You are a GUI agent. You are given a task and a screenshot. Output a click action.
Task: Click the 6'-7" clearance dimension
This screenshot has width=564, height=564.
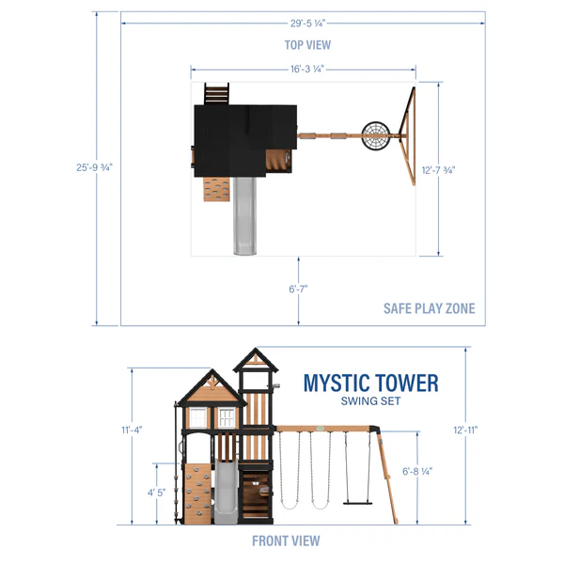pyautogui.click(x=299, y=290)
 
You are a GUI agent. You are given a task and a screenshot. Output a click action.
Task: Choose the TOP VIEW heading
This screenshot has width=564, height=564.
pyautogui.click(x=307, y=44)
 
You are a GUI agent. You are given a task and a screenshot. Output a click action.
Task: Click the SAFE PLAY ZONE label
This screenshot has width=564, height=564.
pyautogui.click(x=429, y=308)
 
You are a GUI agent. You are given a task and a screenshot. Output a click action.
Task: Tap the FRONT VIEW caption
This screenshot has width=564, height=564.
pyautogui.click(x=286, y=540)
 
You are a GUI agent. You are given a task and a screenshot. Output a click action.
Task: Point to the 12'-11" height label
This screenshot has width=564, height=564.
pyautogui.click(x=463, y=430)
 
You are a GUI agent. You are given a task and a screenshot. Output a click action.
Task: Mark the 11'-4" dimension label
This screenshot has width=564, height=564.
pyautogui.click(x=131, y=431)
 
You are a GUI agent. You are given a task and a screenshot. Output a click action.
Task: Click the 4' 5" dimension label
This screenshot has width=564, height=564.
pyautogui.click(x=156, y=492)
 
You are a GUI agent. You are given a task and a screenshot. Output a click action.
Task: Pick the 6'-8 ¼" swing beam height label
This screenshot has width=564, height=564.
pyautogui.click(x=418, y=472)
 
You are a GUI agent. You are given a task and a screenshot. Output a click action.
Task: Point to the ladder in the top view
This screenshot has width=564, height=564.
pyautogui.click(x=216, y=94)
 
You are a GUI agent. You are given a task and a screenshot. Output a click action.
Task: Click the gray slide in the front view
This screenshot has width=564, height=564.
pyautogui.click(x=226, y=493)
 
